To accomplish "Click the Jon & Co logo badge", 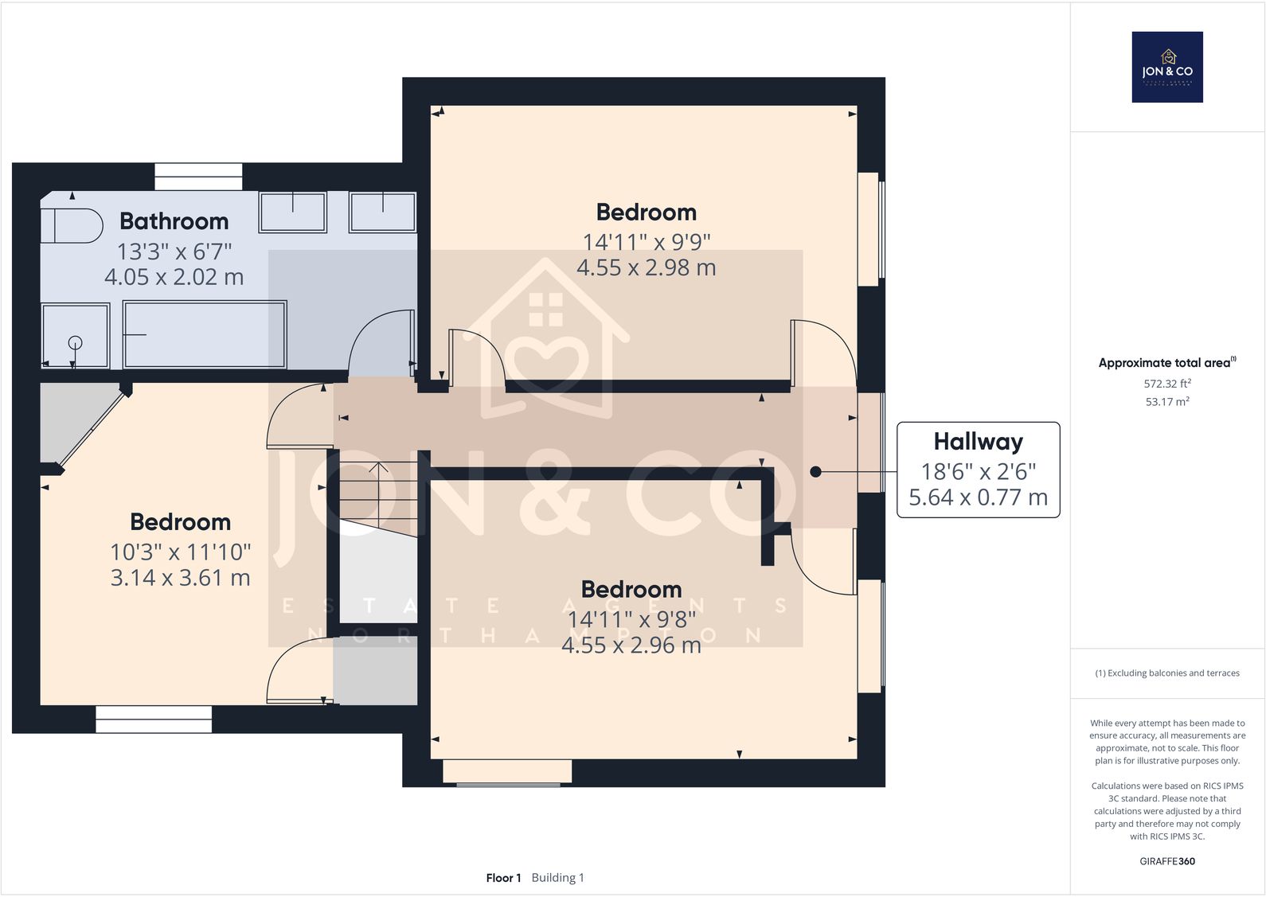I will click(1166, 67).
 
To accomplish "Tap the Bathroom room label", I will click(174, 221).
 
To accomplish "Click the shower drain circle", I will click(75, 343).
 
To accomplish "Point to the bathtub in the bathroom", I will click(205, 334).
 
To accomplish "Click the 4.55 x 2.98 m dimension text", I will click(646, 268).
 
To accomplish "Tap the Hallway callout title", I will click(978, 442).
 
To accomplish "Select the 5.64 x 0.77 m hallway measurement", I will click(978, 497).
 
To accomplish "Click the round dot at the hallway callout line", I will click(815, 472).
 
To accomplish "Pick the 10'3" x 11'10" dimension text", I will click(180, 552).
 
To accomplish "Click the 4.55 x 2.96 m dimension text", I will click(631, 645).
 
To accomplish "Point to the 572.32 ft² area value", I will click(1166, 384).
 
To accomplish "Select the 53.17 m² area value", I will click(1166, 402).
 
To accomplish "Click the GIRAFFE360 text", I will click(1166, 861).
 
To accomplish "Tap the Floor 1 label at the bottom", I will click(503, 878).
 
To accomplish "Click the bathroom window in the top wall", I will click(198, 177).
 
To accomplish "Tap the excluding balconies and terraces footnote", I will click(1166, 673).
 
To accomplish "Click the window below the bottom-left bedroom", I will click(154, 720).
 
